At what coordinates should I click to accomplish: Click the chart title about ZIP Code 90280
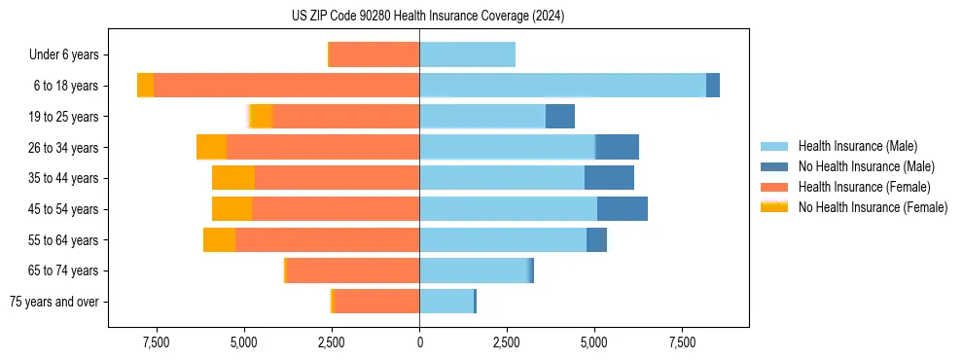coord(428,17)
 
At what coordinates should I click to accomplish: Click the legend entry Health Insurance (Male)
coord(855,146)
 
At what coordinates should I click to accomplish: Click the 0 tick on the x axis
coord(419,342)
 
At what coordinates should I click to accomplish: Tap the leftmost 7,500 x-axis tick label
coord(157,342)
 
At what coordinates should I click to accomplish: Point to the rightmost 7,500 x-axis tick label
coord(682,342)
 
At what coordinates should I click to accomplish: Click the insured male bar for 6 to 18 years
coord(562,86)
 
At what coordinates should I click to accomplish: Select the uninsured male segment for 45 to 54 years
coord(623,209)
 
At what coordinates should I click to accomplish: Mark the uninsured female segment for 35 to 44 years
coord(233,178)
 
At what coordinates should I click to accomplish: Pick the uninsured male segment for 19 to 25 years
coord(560,117)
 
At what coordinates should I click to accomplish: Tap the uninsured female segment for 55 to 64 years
coord(219,240)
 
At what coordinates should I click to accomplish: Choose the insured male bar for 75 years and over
coord(446,302)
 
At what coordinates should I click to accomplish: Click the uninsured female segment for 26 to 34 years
coord(211,147)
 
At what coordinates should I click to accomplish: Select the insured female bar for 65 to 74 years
coord(353,270)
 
